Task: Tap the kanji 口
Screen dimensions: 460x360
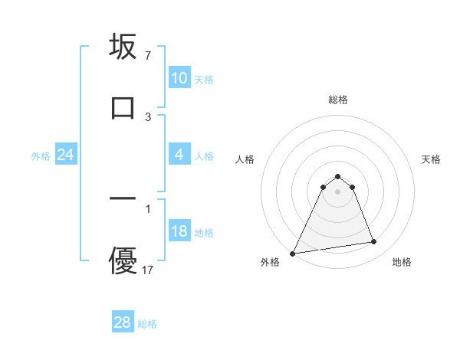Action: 123,107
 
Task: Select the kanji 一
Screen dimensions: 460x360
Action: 123,198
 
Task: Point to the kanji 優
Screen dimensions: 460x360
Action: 123,260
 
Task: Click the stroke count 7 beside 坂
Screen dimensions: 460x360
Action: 148,56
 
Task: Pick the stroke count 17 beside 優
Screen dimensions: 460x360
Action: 149,270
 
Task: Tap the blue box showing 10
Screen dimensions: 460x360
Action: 179,78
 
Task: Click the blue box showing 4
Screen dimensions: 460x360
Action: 179,155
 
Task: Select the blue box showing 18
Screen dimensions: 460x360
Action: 179,232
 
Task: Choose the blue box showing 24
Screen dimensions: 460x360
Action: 65,155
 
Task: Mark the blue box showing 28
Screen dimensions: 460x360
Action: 122,322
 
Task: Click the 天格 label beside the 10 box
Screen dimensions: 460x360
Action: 204,79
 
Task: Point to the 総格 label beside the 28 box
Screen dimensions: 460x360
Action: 147,324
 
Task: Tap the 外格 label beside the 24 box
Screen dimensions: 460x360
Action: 41,156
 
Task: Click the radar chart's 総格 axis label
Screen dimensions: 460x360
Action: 338,100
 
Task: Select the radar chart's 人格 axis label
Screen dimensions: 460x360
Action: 245,159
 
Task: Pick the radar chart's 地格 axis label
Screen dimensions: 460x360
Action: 402,262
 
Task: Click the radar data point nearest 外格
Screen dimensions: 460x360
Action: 293,253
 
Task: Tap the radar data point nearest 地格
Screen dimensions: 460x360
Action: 374,242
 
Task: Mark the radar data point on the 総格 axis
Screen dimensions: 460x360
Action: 338,176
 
